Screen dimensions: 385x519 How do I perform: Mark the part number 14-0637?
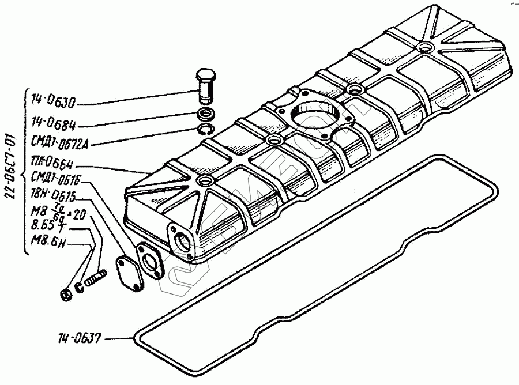tap(81, 338)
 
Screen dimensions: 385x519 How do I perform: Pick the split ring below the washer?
tap(205, 129)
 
